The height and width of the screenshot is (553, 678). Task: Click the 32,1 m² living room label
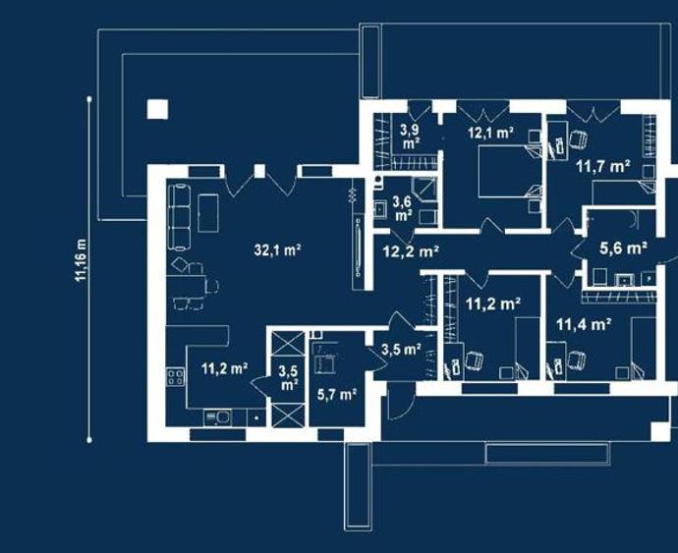(277, 249)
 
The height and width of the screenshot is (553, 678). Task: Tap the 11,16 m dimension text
(81, 260)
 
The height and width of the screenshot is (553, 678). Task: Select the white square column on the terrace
(157, 109)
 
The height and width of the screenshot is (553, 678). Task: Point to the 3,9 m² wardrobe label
(410, 136)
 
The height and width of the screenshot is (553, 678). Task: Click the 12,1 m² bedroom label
(490, 133)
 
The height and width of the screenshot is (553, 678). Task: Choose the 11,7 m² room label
(602, 166)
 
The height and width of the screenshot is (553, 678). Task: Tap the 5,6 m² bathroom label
(623, 249)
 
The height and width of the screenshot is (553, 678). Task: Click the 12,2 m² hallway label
(411, 250)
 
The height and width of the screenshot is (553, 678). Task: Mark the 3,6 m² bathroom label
(403, 208)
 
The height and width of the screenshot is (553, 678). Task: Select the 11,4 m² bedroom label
(584, 324)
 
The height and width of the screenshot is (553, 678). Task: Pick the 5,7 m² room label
(337, 394)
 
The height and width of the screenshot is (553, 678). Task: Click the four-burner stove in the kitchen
(176, 376)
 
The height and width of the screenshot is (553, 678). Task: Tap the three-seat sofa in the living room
(179, 217)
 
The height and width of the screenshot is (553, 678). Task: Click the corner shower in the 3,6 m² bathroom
(424, 190)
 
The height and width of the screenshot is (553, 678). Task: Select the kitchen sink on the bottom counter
(217, 417)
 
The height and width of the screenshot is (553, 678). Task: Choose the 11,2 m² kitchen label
(224, 368)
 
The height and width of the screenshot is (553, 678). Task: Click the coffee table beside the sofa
(208, 213)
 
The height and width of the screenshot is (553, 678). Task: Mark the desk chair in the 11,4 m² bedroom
(577, 360)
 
